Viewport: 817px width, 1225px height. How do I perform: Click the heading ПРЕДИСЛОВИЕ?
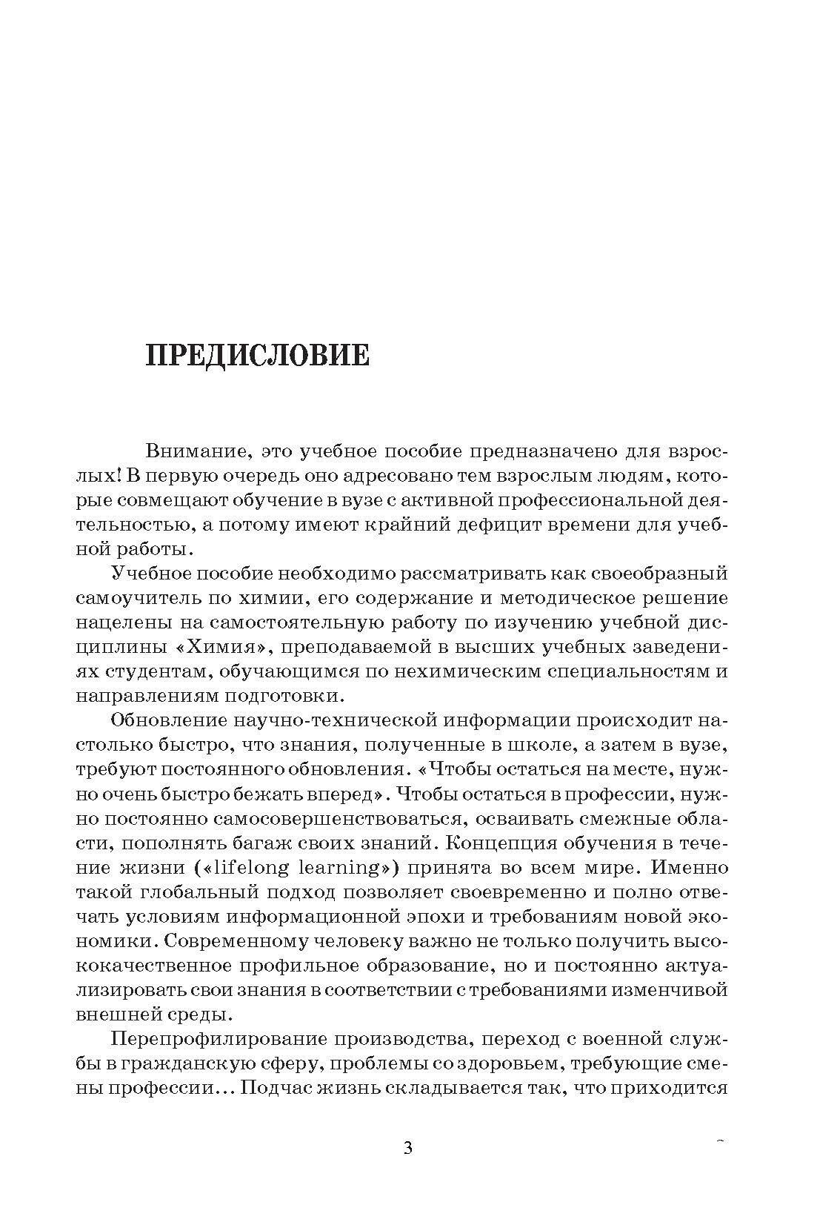pyautogui.click(x=257, y=355)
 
